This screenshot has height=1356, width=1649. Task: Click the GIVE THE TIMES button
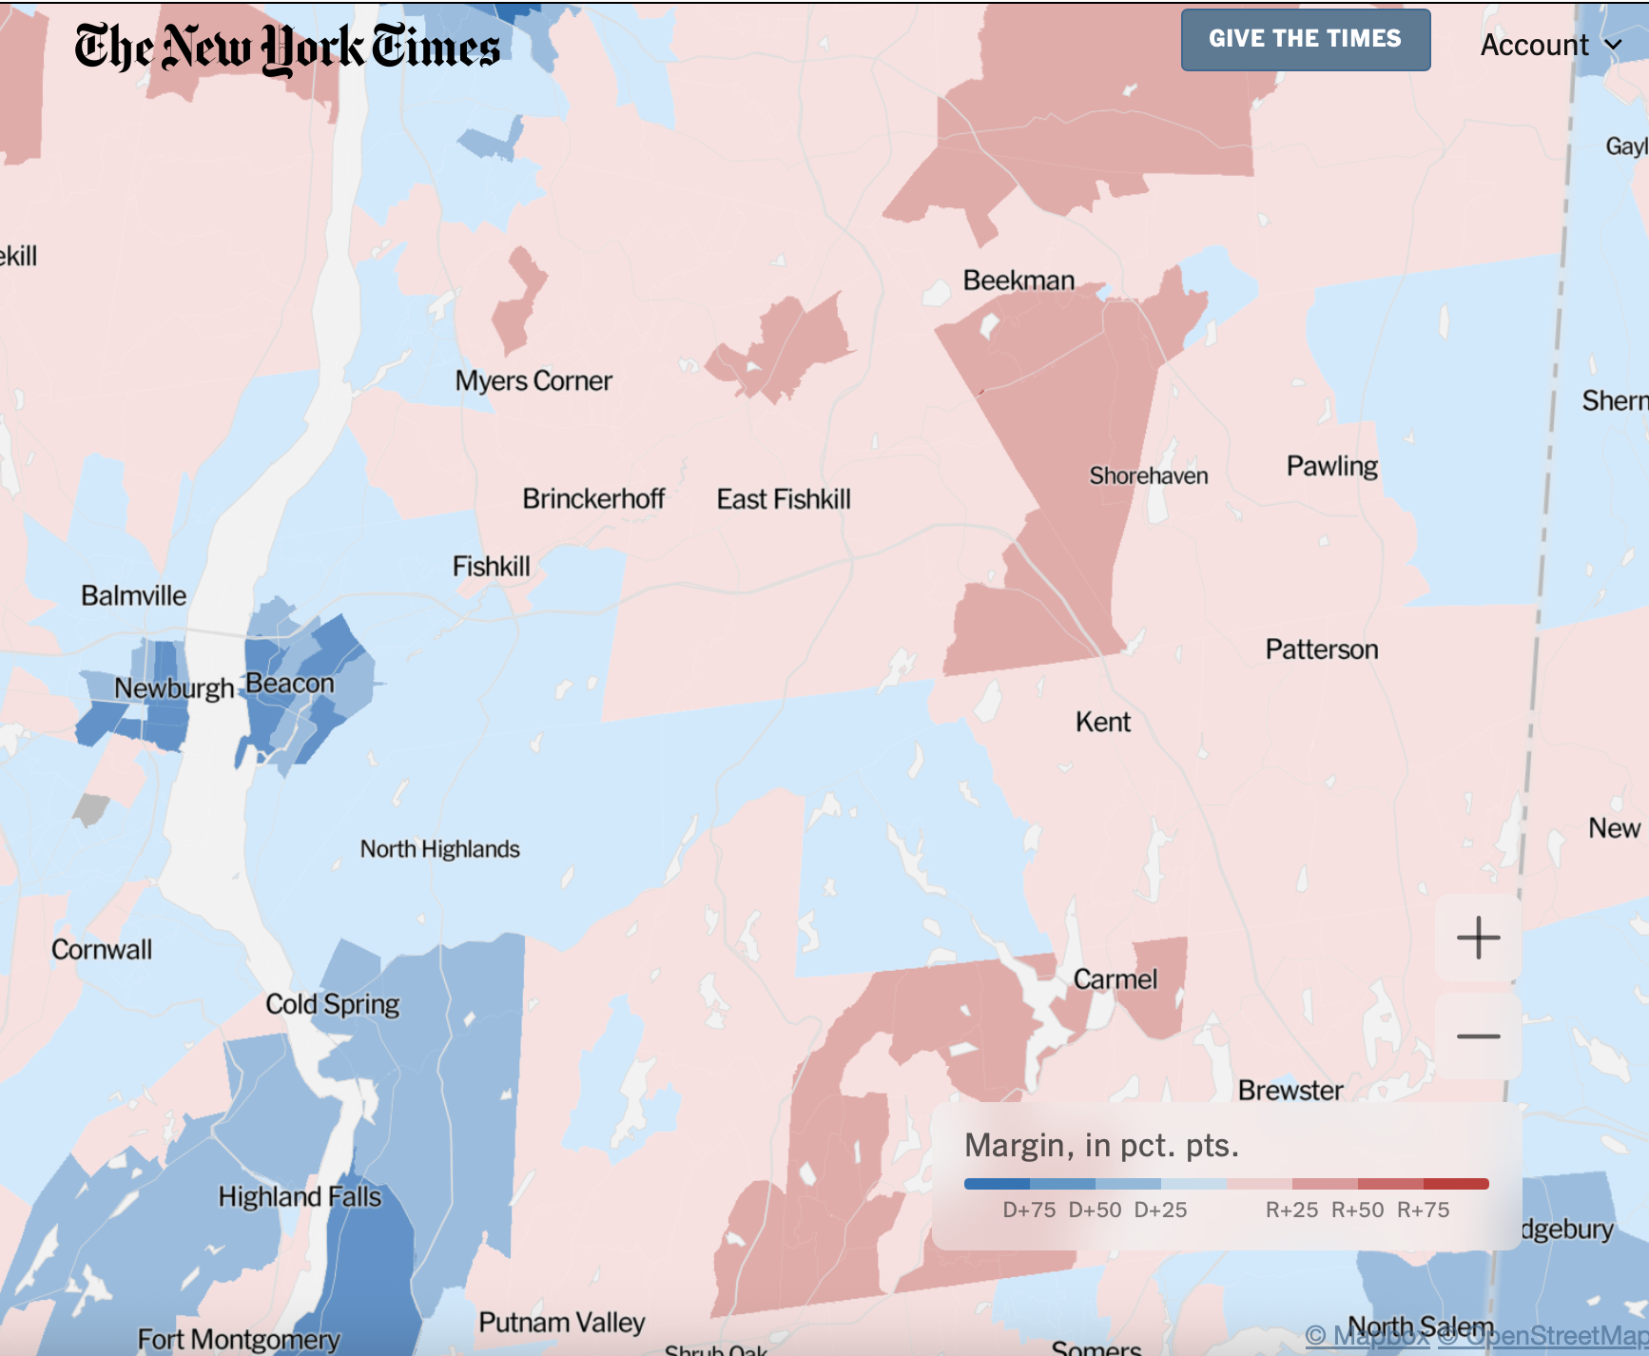[1305, 39]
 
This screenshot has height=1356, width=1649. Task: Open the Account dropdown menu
[1550, 45]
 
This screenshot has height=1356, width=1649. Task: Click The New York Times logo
[287, 48]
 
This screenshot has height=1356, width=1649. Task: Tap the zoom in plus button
[1478, 938]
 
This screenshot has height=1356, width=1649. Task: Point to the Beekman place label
[1018, 281]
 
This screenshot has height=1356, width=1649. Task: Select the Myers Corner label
[533, 380]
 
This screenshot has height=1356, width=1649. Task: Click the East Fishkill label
[784, 499]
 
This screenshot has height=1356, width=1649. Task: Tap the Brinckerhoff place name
[593, 498]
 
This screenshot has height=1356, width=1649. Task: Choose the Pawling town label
[1331, 466]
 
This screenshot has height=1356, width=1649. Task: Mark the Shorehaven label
[1149, 475]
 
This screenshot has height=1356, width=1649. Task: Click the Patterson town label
[1321, 649]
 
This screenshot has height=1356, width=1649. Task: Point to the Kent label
[1103, 722]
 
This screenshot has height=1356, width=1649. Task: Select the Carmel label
[1115, 979]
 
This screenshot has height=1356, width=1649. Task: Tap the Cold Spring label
[332, 1004]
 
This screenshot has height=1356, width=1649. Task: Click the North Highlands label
[439, 849]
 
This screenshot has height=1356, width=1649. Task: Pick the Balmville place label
[133, 595]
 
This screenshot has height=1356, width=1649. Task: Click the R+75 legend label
[1423, 1210]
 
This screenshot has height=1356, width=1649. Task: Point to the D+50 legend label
[1095, 1210]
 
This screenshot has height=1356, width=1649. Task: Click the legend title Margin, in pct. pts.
[1101, 1145]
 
